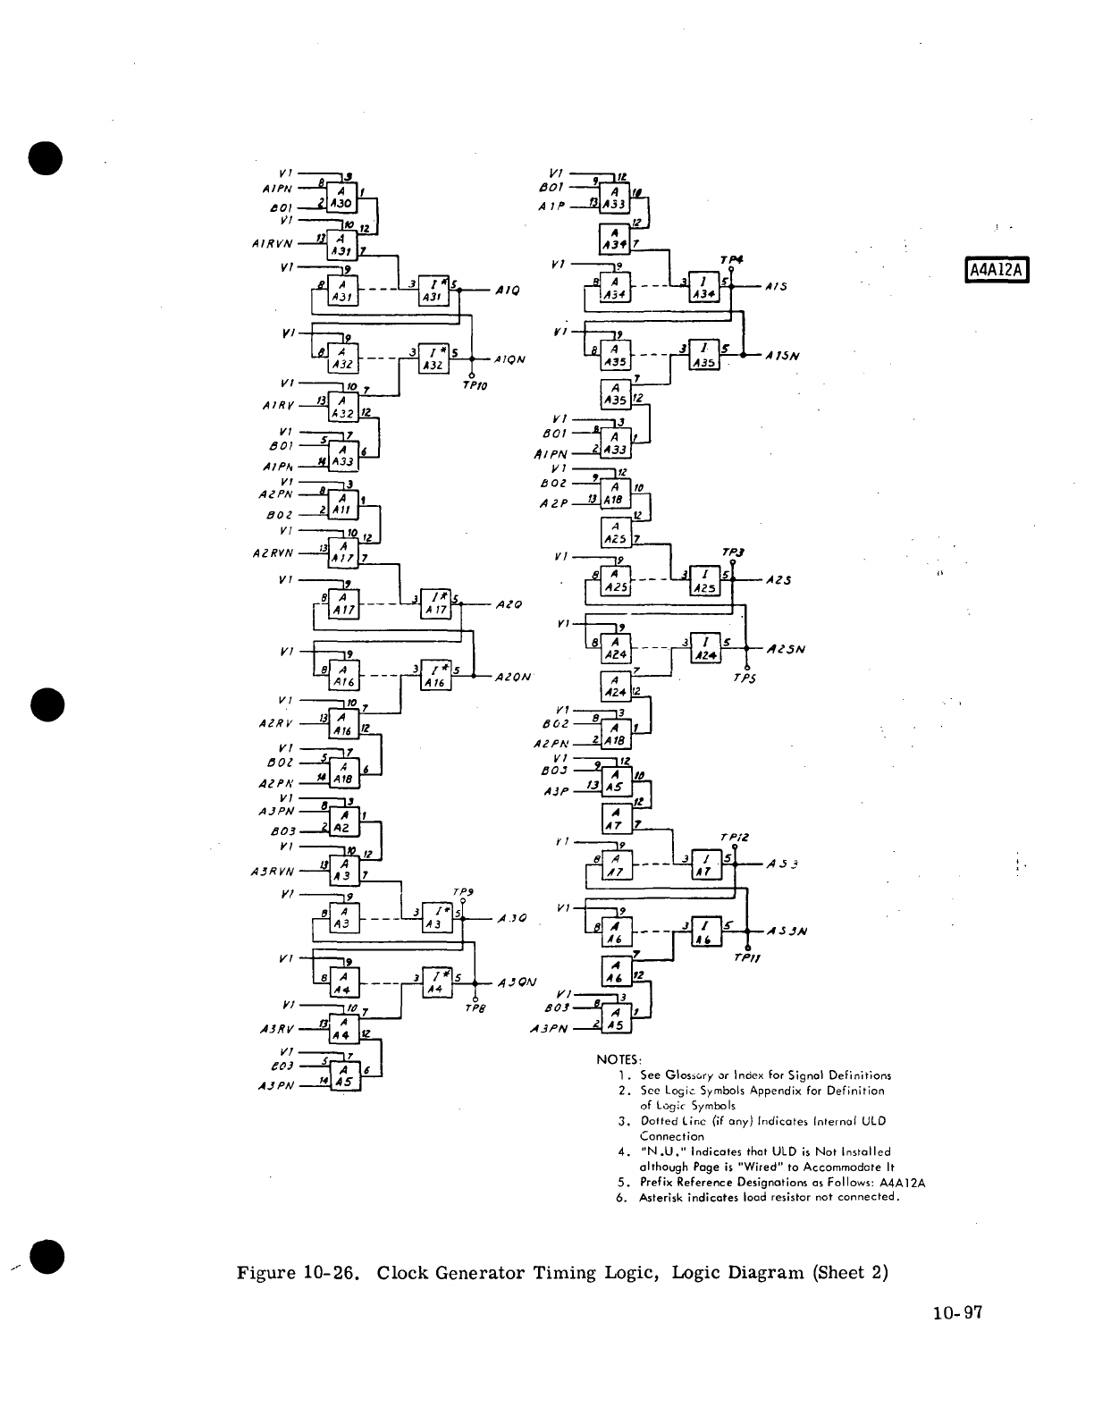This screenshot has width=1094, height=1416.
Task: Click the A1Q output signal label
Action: [507, 291]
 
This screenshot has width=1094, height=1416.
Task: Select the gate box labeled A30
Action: [341, 197]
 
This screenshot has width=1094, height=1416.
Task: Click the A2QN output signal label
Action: [513, 677]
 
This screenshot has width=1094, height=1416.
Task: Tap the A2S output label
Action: [779, 579]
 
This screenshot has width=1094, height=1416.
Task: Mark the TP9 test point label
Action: [463, 891]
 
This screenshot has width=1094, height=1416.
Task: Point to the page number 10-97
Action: [954, 1313]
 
